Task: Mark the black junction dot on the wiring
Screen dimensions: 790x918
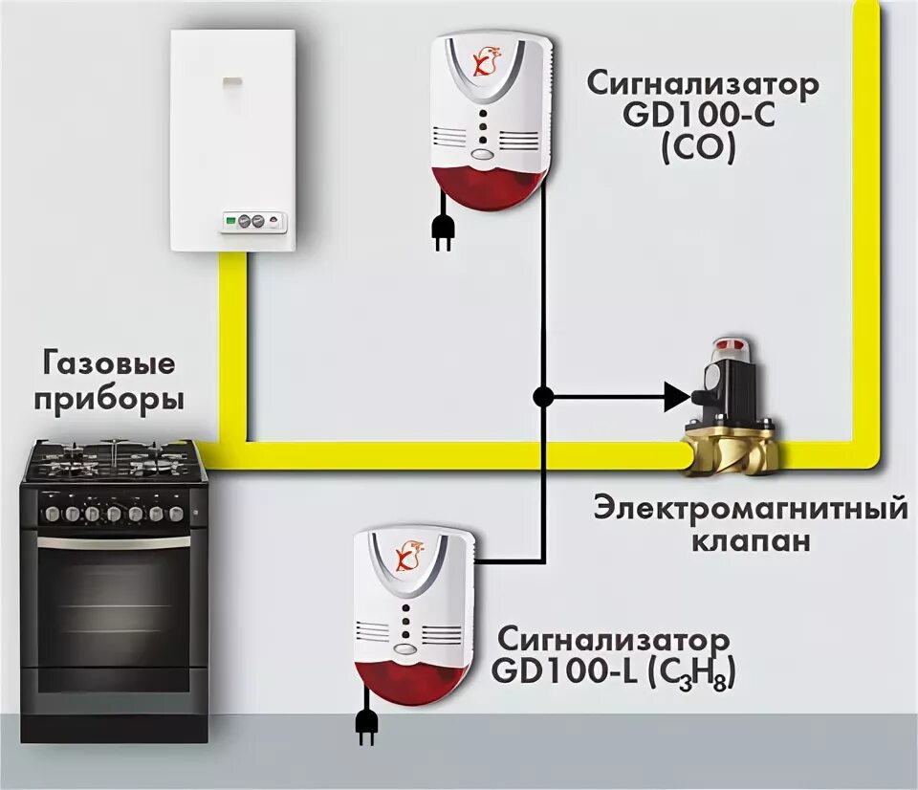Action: coord(542,395)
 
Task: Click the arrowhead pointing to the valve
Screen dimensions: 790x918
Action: coord(676,395)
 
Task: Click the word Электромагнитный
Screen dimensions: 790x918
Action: coord(750,507)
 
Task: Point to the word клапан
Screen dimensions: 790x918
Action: coord(750,540)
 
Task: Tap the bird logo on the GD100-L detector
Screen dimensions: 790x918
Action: coord(408,556)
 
